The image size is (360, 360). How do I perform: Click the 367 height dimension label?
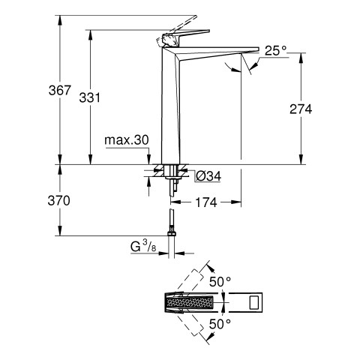click(60, 90)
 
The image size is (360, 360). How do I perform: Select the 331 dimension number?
click(89, 97)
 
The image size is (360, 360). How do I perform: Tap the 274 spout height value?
click(301, 109)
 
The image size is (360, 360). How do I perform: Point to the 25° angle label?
click(276, 51)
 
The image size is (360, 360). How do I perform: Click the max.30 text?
click(127, 140)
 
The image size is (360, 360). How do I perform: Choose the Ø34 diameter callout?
click(208, 176)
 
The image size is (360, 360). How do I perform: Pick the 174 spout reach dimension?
click(205, 202)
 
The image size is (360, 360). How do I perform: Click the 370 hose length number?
click(59, 201)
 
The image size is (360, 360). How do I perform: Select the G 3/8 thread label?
click(143, 247)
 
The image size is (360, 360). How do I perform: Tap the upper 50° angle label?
click(220, 282)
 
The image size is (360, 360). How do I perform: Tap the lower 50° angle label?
click(220, 324)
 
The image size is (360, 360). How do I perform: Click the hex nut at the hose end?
click(172, 233)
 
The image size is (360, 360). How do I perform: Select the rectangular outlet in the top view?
click(255, 302)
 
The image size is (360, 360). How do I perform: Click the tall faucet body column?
click(170, 105)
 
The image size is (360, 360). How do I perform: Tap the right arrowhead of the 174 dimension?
click(236, 202)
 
